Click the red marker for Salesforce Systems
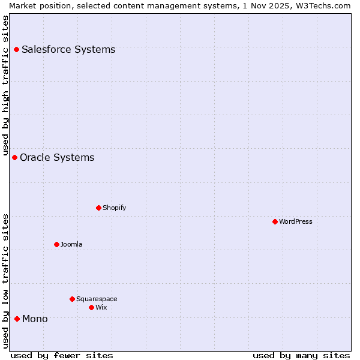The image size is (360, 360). [x=17, y=49]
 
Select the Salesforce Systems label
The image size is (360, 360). [x=68, y=49]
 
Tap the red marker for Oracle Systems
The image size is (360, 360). [x=15, y=157]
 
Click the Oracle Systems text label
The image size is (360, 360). [x=57, y=157]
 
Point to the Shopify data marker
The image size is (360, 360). [x=98, y=208]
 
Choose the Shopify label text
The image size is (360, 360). [x=114, y=208]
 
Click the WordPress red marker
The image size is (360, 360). [x=275, y=221]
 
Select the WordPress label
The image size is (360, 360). [x=295, y=221]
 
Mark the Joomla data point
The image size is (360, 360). [x=56, y=244]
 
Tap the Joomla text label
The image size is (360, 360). [x=71, y=244]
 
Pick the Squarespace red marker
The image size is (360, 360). [x=72, y=299]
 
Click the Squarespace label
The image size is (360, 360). [x=97, y=299]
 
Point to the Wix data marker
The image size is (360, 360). [x=91, y=307]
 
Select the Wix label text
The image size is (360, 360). [x=101, y=307]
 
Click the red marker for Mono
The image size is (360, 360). [x=17, y=319]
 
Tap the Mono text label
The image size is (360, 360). [x=35, y=319]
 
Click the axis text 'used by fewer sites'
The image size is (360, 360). [x=62, y=355]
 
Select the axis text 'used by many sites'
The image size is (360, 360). [x=301, y=355]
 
